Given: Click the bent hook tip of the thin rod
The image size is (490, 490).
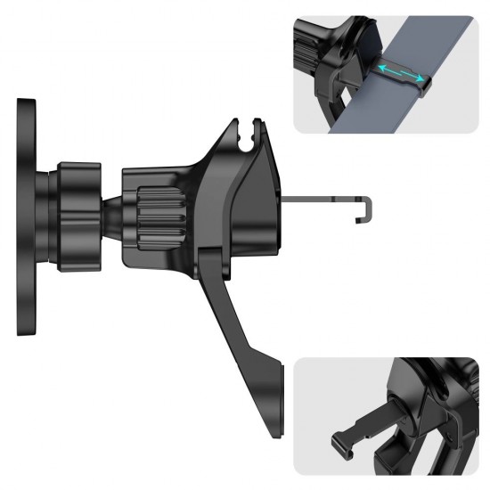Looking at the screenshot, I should (365, 209).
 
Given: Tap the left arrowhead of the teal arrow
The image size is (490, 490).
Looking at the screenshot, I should (378, 66).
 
